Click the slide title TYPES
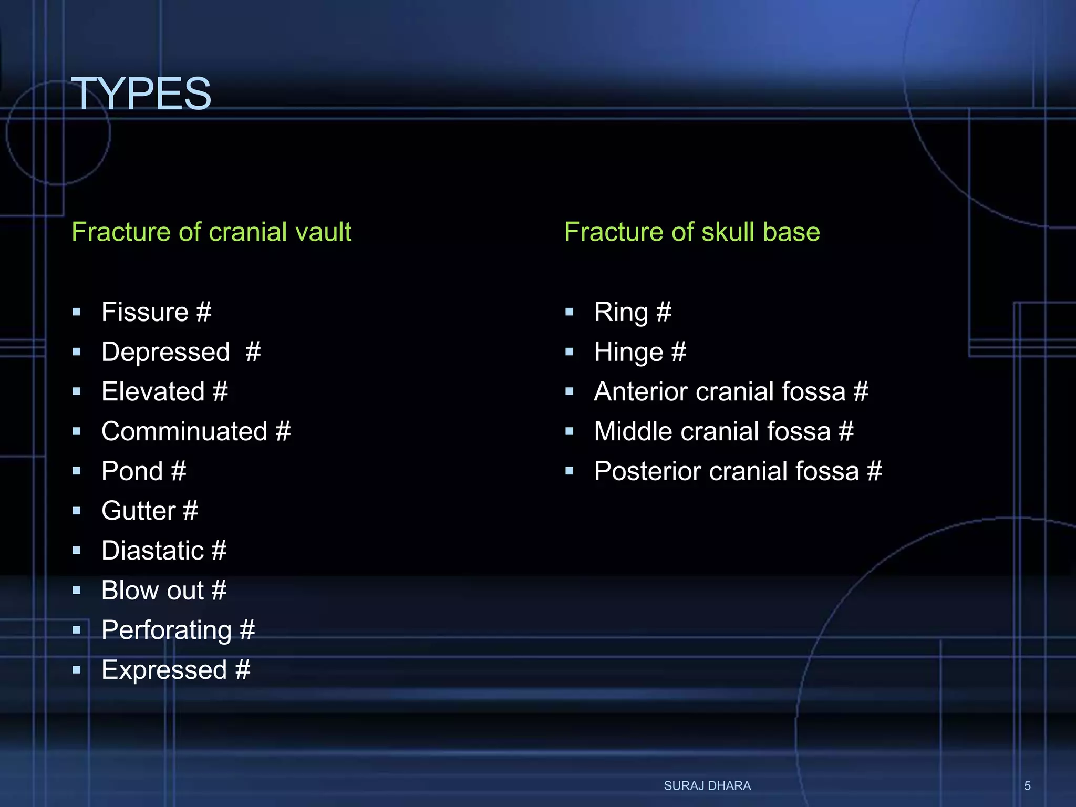tap(141, 94)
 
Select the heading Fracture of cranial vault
tap(211, 232)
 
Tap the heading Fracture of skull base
tap(692, 232)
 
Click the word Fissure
tap(145, 312)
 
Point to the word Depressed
tap(165, 352)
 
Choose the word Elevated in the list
tap(153, 391)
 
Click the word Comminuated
tap(184, 431)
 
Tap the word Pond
tap(132, 471)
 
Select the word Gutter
tap(139, 511)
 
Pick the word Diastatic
tap(152, 551)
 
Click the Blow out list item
tap(163, 591)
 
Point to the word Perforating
tap(167, 630)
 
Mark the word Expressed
tap(164, 670)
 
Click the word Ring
tap(621, 313)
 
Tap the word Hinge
tap(628, 352)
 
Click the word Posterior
tap(647, 471)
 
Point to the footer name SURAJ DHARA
tap(707, 785)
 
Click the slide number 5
tap(1027, 786)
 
